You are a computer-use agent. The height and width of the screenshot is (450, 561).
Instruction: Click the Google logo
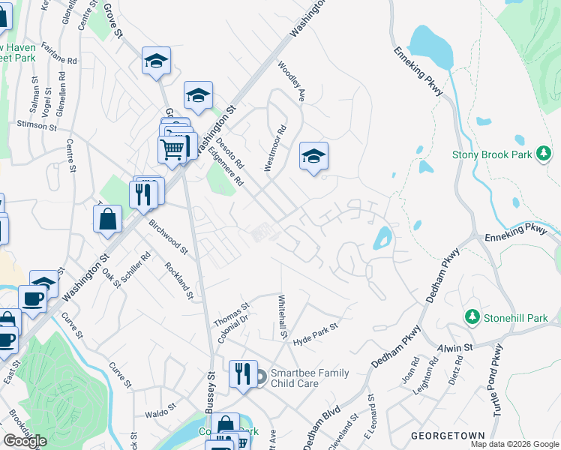click(x=24, y=441)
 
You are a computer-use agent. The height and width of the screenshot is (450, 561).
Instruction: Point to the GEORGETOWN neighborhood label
click(x=448, y=435)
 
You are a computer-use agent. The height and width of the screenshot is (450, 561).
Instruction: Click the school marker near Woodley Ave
click(x=313, y=157)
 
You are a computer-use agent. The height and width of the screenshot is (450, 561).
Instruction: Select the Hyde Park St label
click(x=315, y=330)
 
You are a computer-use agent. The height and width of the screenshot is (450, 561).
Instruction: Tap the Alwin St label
click(x=455, y=347)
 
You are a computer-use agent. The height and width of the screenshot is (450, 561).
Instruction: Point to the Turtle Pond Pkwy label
click(x=497, y=375)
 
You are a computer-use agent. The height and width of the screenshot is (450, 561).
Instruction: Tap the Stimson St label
click(x=37, y=125)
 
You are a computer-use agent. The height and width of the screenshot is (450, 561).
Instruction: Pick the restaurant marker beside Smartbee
click(x=242, y=373)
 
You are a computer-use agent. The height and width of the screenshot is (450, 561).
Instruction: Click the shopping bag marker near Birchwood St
click(x=108, y=220)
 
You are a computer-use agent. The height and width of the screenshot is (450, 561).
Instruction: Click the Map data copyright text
click(x=514, y=444)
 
